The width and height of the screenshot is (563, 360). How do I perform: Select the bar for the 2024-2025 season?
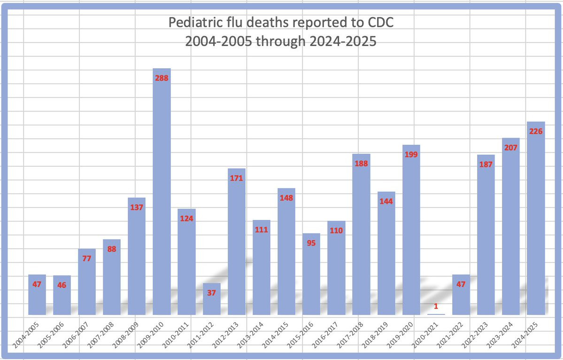click(536, 221)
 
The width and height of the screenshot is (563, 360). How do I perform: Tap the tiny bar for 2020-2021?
click(436, 314)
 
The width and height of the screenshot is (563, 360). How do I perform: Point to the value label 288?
click(162, 78)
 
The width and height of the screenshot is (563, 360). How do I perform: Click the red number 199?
click(411, 155)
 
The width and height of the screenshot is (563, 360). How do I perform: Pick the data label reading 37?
click(212, 293)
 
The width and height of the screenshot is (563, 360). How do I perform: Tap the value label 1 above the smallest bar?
click(436, 306)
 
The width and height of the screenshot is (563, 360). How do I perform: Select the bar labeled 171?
click(237, 244)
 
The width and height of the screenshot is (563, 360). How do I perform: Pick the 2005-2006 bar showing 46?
click(62, 296)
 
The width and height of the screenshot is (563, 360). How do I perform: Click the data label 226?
click(536, 132)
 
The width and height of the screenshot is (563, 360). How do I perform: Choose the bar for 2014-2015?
click(286, 254)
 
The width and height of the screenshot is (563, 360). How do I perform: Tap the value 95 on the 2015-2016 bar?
click(311, 243)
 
